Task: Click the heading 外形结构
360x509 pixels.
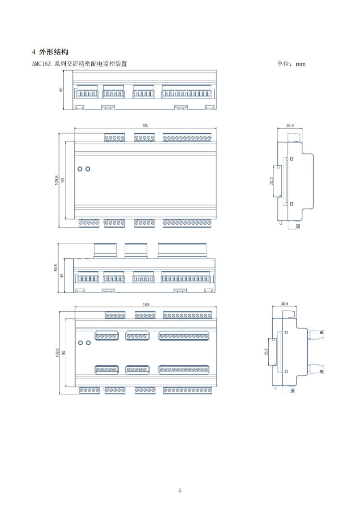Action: point(55,52)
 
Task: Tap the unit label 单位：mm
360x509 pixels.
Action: point(291,64)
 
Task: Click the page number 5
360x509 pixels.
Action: point(180,490)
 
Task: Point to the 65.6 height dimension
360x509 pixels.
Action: point(56,268)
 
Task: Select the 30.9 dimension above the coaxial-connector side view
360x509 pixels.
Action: point(284,304)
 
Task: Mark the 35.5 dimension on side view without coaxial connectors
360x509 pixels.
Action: point(271,181)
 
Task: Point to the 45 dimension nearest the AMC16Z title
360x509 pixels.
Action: point(61,90)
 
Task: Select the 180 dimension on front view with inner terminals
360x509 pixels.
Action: point(145,304)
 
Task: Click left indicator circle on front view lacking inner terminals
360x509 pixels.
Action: point(80,169)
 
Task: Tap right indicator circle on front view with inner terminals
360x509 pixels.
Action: point(88,342)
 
